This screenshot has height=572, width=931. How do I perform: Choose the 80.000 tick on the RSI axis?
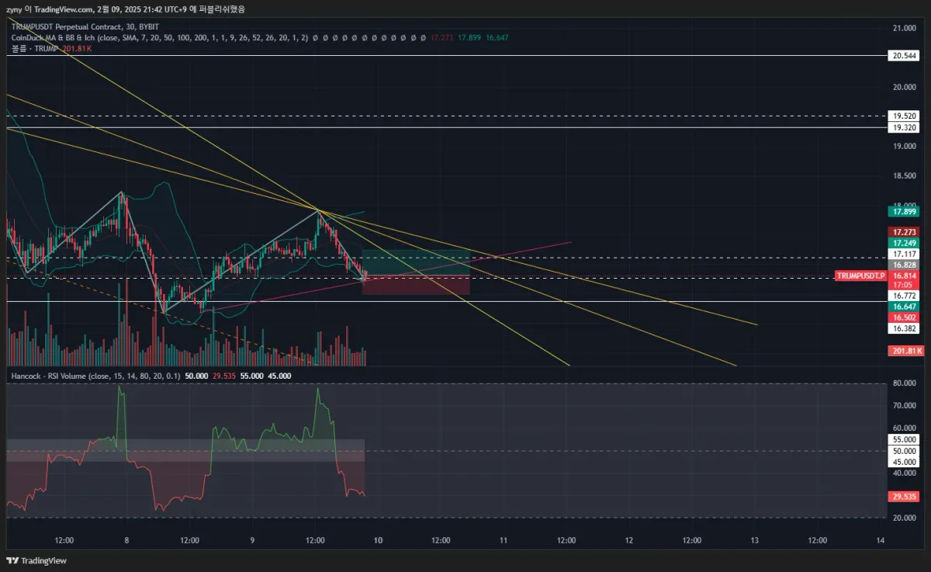coord(903,383)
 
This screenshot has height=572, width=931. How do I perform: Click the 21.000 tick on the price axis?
coord(903,29)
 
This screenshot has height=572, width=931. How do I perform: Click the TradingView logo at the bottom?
coord(36,561)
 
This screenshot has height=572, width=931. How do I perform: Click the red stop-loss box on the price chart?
coord(416,285)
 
